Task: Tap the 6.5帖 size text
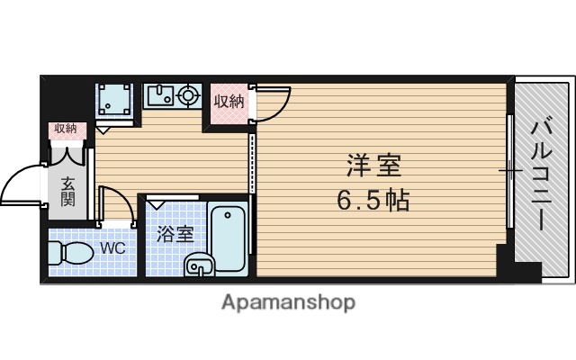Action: click(x=374, y=199)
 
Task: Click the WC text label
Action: click(x=112, y=247)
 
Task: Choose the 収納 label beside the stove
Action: click(x=229, y=101)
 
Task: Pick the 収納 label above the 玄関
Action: click(x=66, y=130)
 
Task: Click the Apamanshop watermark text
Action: click(x=288, y=301)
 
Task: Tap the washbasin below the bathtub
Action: click(x=199, y=265)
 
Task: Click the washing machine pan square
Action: click(x=116, y=99)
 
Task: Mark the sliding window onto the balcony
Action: click(x=509, y=171)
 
